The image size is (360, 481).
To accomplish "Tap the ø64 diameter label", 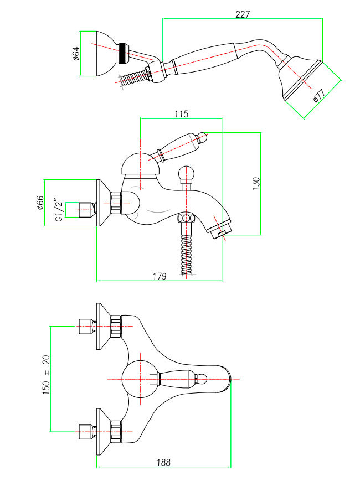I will point(76,54).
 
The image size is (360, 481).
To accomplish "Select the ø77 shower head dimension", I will point(317,96).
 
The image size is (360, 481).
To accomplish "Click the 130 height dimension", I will point(256,183).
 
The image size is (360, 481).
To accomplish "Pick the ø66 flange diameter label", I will point(40,203).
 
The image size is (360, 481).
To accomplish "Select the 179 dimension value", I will point(160,276).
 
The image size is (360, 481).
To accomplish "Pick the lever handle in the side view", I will point(180,144).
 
